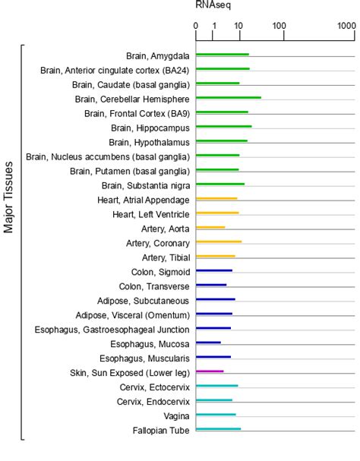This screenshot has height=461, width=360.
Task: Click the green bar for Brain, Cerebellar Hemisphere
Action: tap(229, 98)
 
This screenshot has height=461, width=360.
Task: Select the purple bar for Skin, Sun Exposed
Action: tap(210, 371)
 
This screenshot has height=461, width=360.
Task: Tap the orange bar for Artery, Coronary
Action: tap(219, 242)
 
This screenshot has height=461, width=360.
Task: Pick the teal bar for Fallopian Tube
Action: tap(218, 429)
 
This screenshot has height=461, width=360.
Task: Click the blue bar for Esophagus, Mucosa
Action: tap(208, 343)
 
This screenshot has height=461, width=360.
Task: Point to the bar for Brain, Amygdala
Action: tap(223, 55)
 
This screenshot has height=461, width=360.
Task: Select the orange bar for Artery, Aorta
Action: tap(210, 228)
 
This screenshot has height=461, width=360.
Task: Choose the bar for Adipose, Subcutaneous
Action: tap(216, 299)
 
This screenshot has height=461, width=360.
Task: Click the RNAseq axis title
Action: tap(213, 5)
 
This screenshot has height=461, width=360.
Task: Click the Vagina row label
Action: tap(176, 415)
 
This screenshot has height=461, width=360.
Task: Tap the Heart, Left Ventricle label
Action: tap(151, 214)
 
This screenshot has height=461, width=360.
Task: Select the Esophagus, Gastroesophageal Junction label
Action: tap(112, 329)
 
